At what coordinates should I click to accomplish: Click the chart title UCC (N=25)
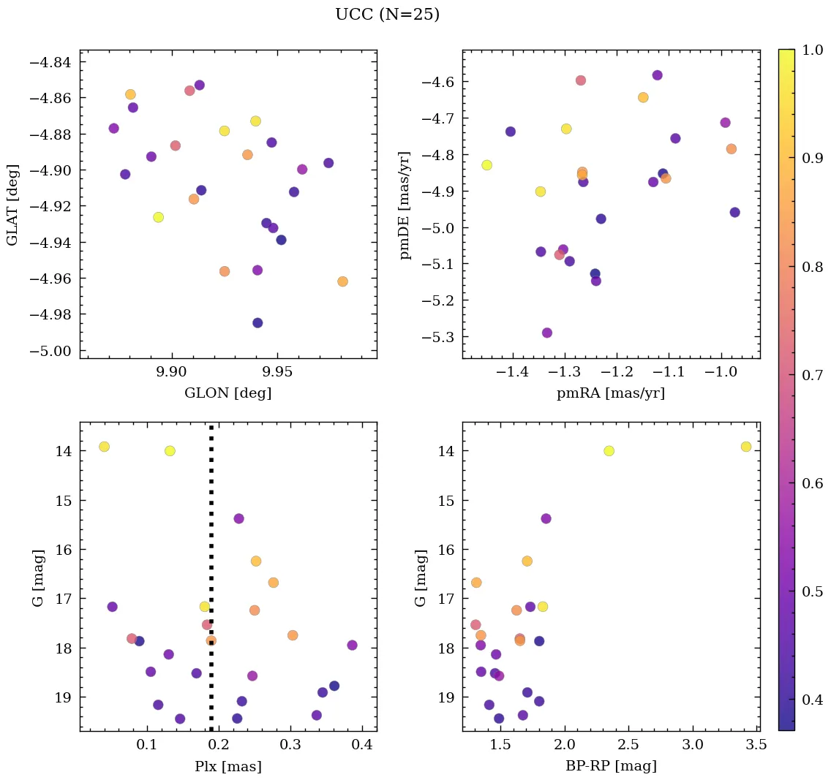(387, 15)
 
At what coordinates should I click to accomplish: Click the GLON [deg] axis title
(228, 393)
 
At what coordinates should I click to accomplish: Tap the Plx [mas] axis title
(228, 766)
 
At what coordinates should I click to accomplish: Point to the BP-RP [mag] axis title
(611, 766)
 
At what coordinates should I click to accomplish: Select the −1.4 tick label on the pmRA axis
(513, 373)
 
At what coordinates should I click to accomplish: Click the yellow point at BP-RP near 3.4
(746, 447)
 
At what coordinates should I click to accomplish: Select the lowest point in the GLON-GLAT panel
(257, 323)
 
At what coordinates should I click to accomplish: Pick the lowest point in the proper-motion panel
(547, 333)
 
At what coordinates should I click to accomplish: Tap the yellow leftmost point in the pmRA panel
(486, 165)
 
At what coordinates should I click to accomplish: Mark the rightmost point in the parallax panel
(352, 645)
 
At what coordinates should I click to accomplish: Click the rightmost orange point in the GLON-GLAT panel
(342, 281)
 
